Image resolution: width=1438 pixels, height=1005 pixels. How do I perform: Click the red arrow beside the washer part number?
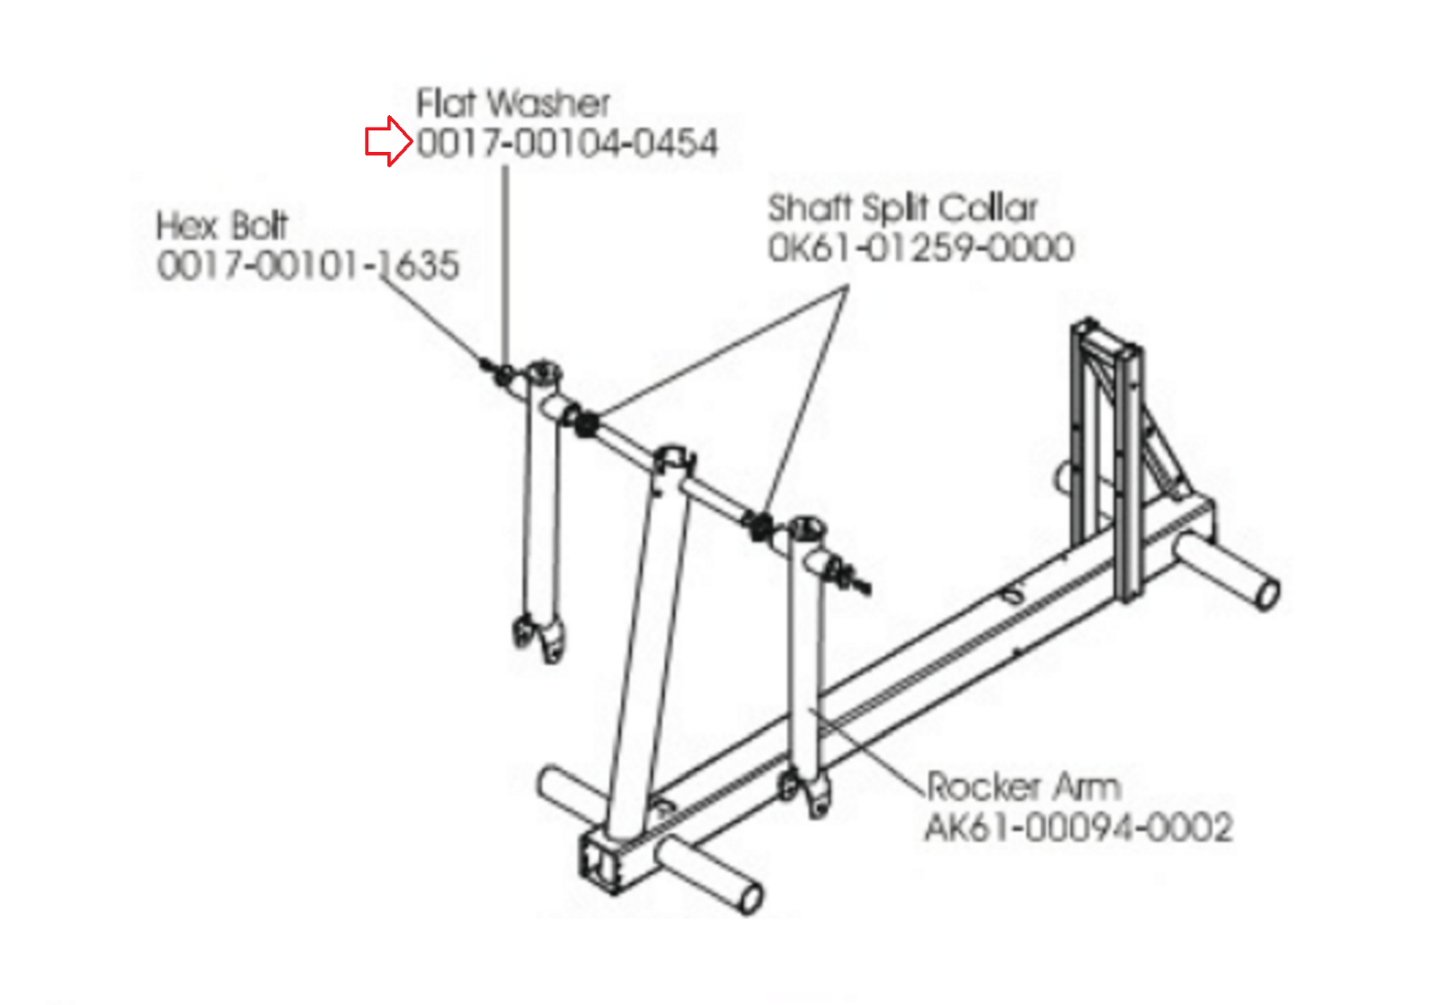pos(387,142)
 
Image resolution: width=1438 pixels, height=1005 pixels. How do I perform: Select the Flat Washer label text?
pos(512,103)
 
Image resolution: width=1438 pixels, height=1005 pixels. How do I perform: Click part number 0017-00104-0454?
pos(567,143)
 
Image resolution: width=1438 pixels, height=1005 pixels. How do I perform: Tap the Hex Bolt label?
pos(221,226)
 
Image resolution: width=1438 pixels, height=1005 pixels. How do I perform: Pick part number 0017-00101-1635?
pos(307,265)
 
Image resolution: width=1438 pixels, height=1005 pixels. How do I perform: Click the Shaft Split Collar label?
pos(901,209)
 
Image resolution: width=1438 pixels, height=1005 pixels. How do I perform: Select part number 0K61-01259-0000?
pos(920,248)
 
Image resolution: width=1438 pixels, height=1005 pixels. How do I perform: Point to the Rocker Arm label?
pos(1023,787)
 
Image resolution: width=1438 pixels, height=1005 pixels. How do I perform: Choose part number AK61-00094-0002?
pos(1078,827)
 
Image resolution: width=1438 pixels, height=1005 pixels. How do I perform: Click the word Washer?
pos(549,103)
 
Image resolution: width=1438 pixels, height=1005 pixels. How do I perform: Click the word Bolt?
pos(259,226)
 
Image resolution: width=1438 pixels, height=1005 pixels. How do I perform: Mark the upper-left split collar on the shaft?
pos(585,421)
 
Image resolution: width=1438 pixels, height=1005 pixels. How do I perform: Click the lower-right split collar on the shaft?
pos(760,525)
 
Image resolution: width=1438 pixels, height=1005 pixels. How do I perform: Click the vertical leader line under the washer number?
pos(506,261)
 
